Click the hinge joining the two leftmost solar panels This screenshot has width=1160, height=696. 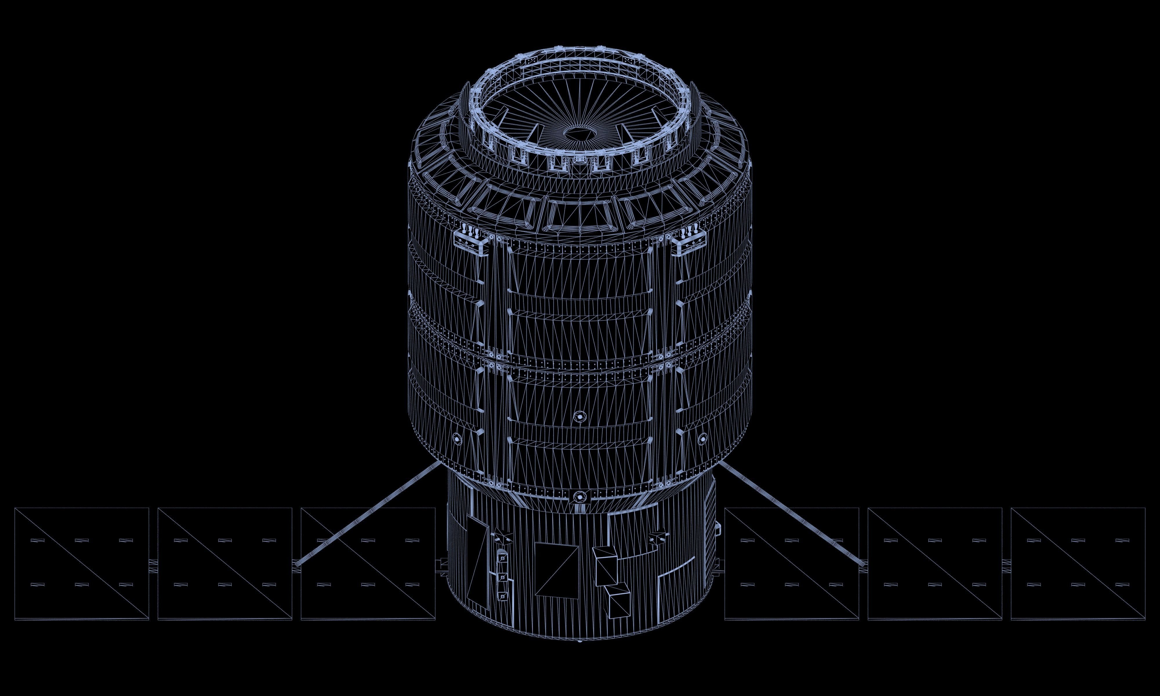tap(153, 563)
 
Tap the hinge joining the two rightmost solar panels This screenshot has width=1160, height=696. tap(1006, 563)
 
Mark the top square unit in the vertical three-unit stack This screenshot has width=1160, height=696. tap(502, 558)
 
